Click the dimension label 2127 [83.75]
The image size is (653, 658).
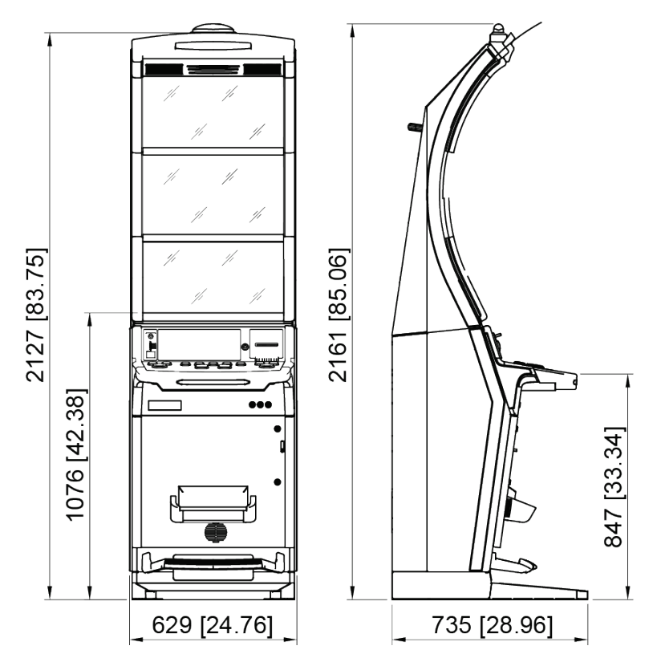pyautogui.click(x=33, y=317)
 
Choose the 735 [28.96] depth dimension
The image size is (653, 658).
pyautogui.click(x=492, y=625)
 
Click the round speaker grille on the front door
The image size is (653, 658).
pyautogui.click(x=213, y=532)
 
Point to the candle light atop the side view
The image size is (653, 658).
pyautogui.click(x=498, y=33)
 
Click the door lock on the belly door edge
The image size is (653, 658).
pyautogui.click(x=282, y=446)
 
